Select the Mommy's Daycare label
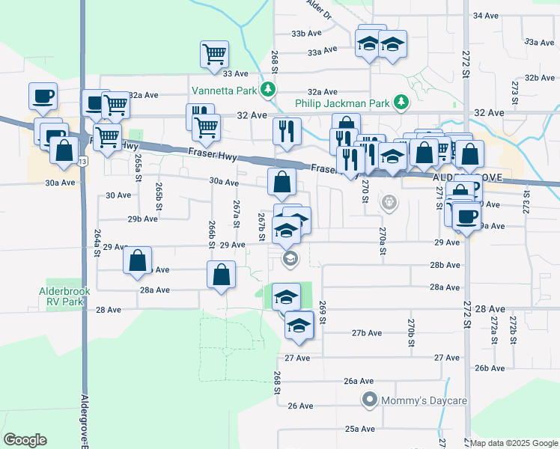tap(424, 401)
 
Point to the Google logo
tap(25, 440)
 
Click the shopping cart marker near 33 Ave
tap(214, 54)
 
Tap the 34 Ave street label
tap(486, 15)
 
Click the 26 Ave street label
tap(300, 406)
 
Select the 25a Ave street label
tap(359, 429)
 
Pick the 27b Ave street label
tap(367, 333)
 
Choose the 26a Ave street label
tap(359, 381)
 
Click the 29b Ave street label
tap(142, 219)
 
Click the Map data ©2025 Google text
tap(514, 443)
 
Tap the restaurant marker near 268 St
tap(287, 131)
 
